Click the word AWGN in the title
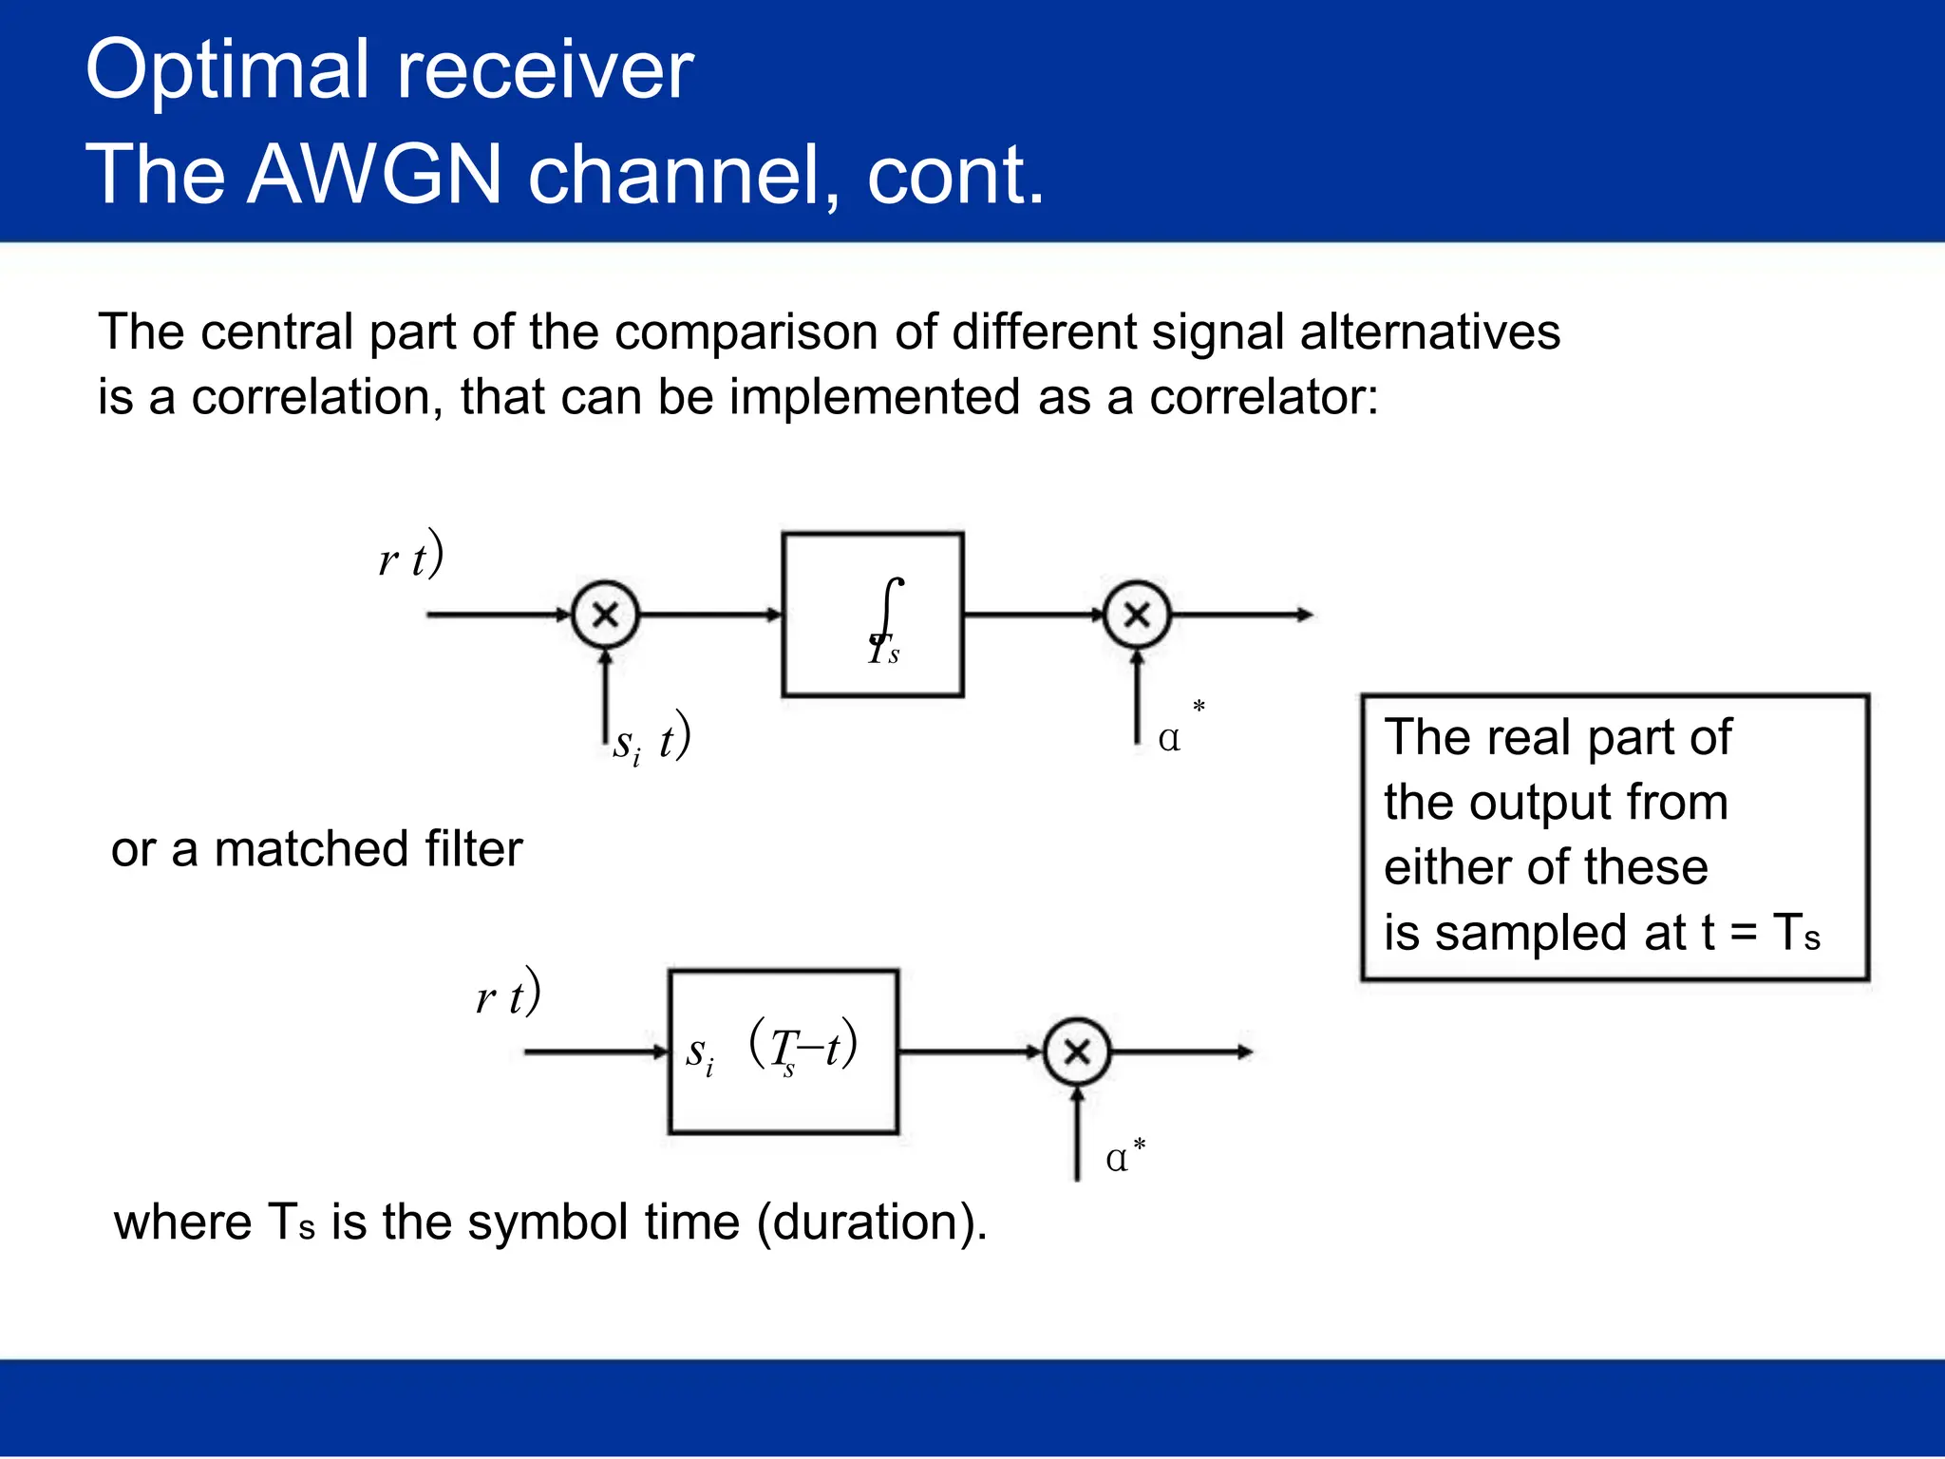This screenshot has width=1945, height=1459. click(x=373, y=175)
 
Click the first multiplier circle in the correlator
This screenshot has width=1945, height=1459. click(x=606, y=616)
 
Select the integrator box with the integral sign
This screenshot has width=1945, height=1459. click(x=872, y=616)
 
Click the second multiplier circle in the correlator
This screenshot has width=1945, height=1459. click(x=1137, y=616)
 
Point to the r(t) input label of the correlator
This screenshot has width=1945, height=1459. click(x=410, y=557)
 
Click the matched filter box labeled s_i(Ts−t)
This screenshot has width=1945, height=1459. click(x=783, y=1052)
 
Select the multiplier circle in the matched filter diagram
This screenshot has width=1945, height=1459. click(x=1076, y=1052)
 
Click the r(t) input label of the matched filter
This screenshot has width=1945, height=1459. click(x=508, y=995)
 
